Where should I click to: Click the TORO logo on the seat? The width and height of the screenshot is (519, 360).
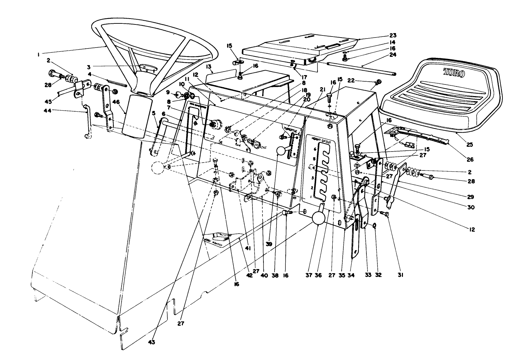454,73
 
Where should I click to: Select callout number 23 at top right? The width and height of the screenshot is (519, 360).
393,35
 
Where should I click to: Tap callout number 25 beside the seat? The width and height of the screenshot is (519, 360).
470,145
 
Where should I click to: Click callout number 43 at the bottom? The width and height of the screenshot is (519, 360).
152,342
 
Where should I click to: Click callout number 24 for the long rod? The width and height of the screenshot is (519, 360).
393,54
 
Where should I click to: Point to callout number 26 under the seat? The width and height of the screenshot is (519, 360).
470,160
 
